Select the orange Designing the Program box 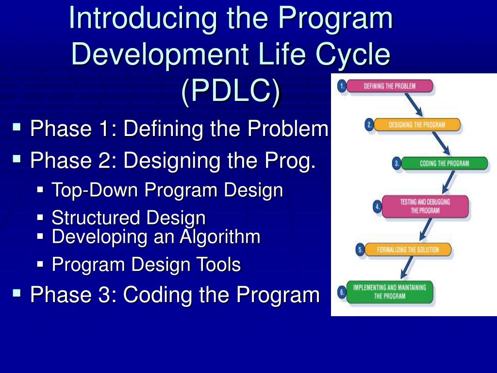click(417, 125)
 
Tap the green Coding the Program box click(444, 164)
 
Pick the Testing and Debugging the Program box click(425, 206)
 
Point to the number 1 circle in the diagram click(342, 86)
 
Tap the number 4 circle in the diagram click(377, 206)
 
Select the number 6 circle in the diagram click(342, 292)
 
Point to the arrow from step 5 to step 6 click(408, 269)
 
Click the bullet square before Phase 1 click(17, 128)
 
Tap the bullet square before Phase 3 click(17, 293)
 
